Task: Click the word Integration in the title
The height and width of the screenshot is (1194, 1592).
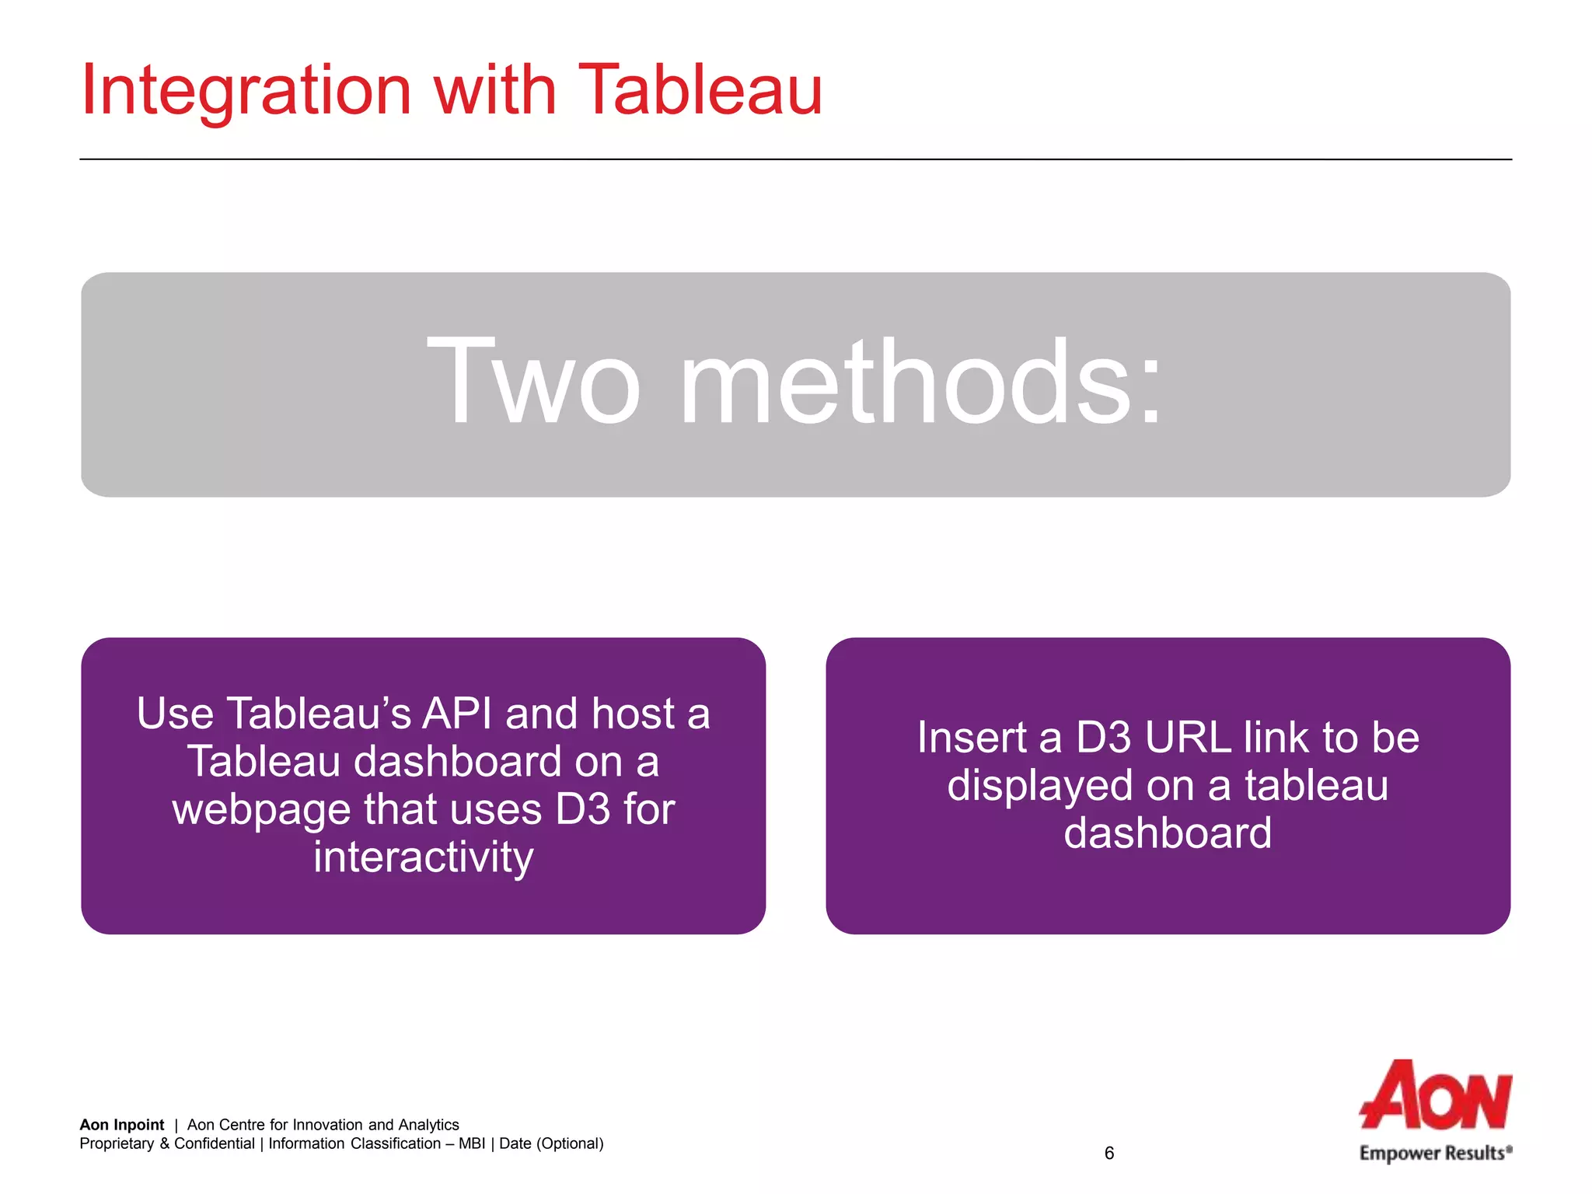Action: pos(246,92)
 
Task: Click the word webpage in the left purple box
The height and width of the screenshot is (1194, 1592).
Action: pos(261,810)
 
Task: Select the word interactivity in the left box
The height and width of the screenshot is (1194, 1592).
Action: pos(424,857)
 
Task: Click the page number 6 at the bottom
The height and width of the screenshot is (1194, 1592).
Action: pos(1109,1154)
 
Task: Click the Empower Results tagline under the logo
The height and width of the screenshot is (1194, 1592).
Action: pos(1434,1154)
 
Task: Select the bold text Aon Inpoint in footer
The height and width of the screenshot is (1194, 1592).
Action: pos(121,1125)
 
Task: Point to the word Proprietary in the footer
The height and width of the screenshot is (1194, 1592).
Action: pos(117,1143)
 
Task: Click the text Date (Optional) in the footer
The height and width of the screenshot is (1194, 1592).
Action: pos(551,1143)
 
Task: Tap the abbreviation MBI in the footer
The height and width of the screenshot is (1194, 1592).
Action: pos(471,1143)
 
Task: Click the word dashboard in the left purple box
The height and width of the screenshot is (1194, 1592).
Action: pos(457,762)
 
